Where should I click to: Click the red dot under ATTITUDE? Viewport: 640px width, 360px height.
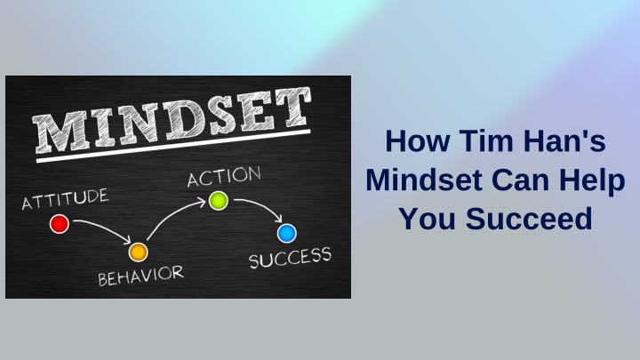point(60,224)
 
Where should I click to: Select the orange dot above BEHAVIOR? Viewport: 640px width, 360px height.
point(139,252)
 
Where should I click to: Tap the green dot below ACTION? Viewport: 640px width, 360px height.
point(219,201)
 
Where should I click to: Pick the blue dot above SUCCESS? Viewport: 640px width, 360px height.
point(287,234)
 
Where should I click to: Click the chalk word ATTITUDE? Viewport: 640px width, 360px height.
point(65,199)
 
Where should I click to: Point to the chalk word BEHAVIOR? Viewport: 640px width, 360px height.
point(140,276)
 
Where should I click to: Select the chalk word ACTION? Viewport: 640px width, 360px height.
point(224,176)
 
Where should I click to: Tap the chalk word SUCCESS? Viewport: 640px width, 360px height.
point(290,258)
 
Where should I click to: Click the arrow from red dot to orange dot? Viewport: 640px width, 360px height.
point(105,228)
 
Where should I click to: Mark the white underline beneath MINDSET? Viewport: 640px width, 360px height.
point(173,146)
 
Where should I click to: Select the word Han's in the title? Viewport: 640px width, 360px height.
point(565,140)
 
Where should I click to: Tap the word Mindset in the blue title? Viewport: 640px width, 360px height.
point(424,180)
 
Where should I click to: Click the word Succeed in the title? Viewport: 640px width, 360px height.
point(529,219)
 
